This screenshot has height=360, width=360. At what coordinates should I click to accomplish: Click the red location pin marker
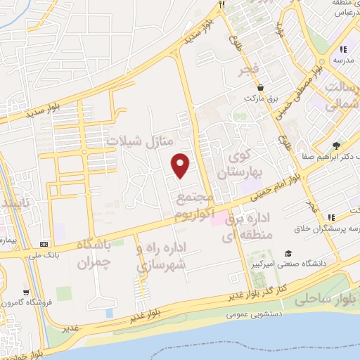click(x=181, y=165)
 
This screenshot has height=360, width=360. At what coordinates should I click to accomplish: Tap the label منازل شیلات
click(x=140, y=141)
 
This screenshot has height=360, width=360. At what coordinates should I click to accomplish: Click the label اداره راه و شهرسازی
click(x=162, y=257)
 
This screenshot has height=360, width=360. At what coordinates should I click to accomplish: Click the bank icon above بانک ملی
click(x=45, y=244)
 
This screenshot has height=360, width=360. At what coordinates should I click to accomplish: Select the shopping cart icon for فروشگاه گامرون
click(x=26, y=292)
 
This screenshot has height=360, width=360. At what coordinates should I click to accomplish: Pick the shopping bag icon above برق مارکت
click(x=261, y=88)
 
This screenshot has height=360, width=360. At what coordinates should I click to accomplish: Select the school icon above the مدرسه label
click(x=343, y=49)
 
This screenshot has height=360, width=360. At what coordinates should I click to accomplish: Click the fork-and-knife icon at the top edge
click(x=221, y=4)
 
